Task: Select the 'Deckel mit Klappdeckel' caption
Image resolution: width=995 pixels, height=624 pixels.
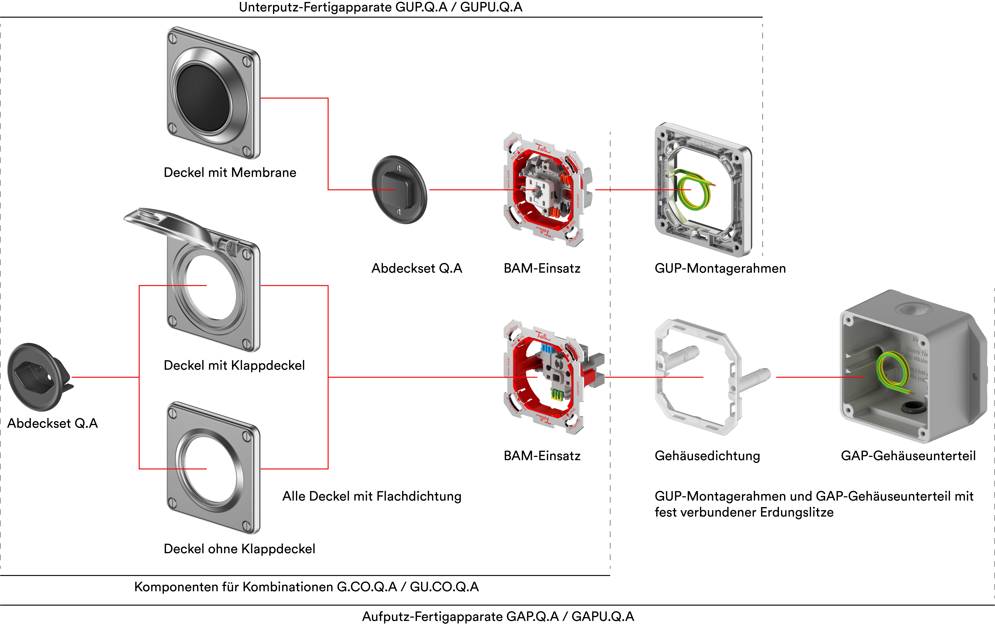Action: click(234, 365)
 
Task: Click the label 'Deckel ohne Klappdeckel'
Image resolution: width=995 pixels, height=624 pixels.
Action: click(239, 549)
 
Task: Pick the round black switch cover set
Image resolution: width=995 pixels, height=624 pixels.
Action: click(399, 190)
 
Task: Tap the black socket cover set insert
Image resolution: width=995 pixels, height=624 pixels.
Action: click(37, 376)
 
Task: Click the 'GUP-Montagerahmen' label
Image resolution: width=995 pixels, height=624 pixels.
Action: click(720, 268)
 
